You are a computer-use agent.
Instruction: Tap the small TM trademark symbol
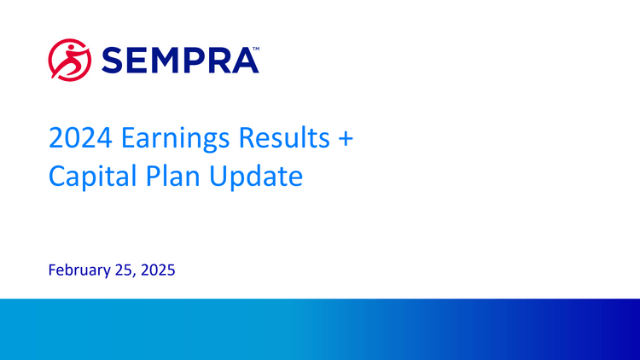click(x=255, y=50)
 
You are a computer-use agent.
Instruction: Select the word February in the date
click(x=79, y=272)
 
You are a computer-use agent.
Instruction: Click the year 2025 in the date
click(x=157, y=271)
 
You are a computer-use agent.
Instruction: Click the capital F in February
click(x=53, y=271)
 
